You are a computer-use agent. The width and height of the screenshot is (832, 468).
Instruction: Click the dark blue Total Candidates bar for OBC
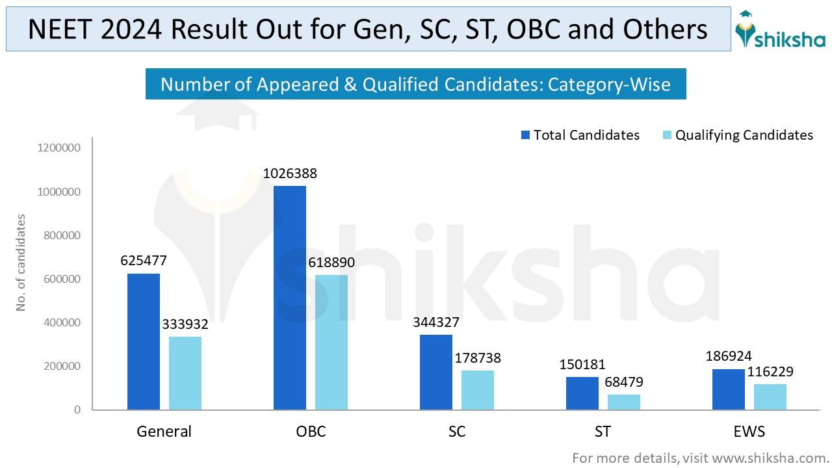tap(289, 298)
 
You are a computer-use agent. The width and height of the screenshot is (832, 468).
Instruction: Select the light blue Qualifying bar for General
tap(185, 373)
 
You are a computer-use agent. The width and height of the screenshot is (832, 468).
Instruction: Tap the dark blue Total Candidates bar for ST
tap(582, 393)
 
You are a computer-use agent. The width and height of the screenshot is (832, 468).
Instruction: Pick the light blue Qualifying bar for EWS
tap(770, 396)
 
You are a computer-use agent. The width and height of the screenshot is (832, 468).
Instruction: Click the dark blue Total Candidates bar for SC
tap(435, 372)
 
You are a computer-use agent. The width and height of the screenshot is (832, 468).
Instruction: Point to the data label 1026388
tap(290, 174)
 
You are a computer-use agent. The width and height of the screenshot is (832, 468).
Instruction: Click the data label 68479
tap(624, 383)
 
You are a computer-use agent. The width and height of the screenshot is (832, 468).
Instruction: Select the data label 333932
tap(185, 325)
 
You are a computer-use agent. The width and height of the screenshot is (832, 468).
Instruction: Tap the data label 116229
tap(770, 372)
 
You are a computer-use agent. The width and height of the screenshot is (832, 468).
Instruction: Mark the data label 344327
tap(436, 322)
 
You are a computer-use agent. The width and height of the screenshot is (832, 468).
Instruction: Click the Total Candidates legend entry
tap(580, 135)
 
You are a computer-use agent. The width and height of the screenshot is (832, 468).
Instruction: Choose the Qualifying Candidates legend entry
tap(737, 135)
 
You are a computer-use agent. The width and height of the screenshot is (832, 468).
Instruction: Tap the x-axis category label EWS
tap(749, 432)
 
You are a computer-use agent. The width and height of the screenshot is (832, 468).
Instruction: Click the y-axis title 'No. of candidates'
tap(21, 262)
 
